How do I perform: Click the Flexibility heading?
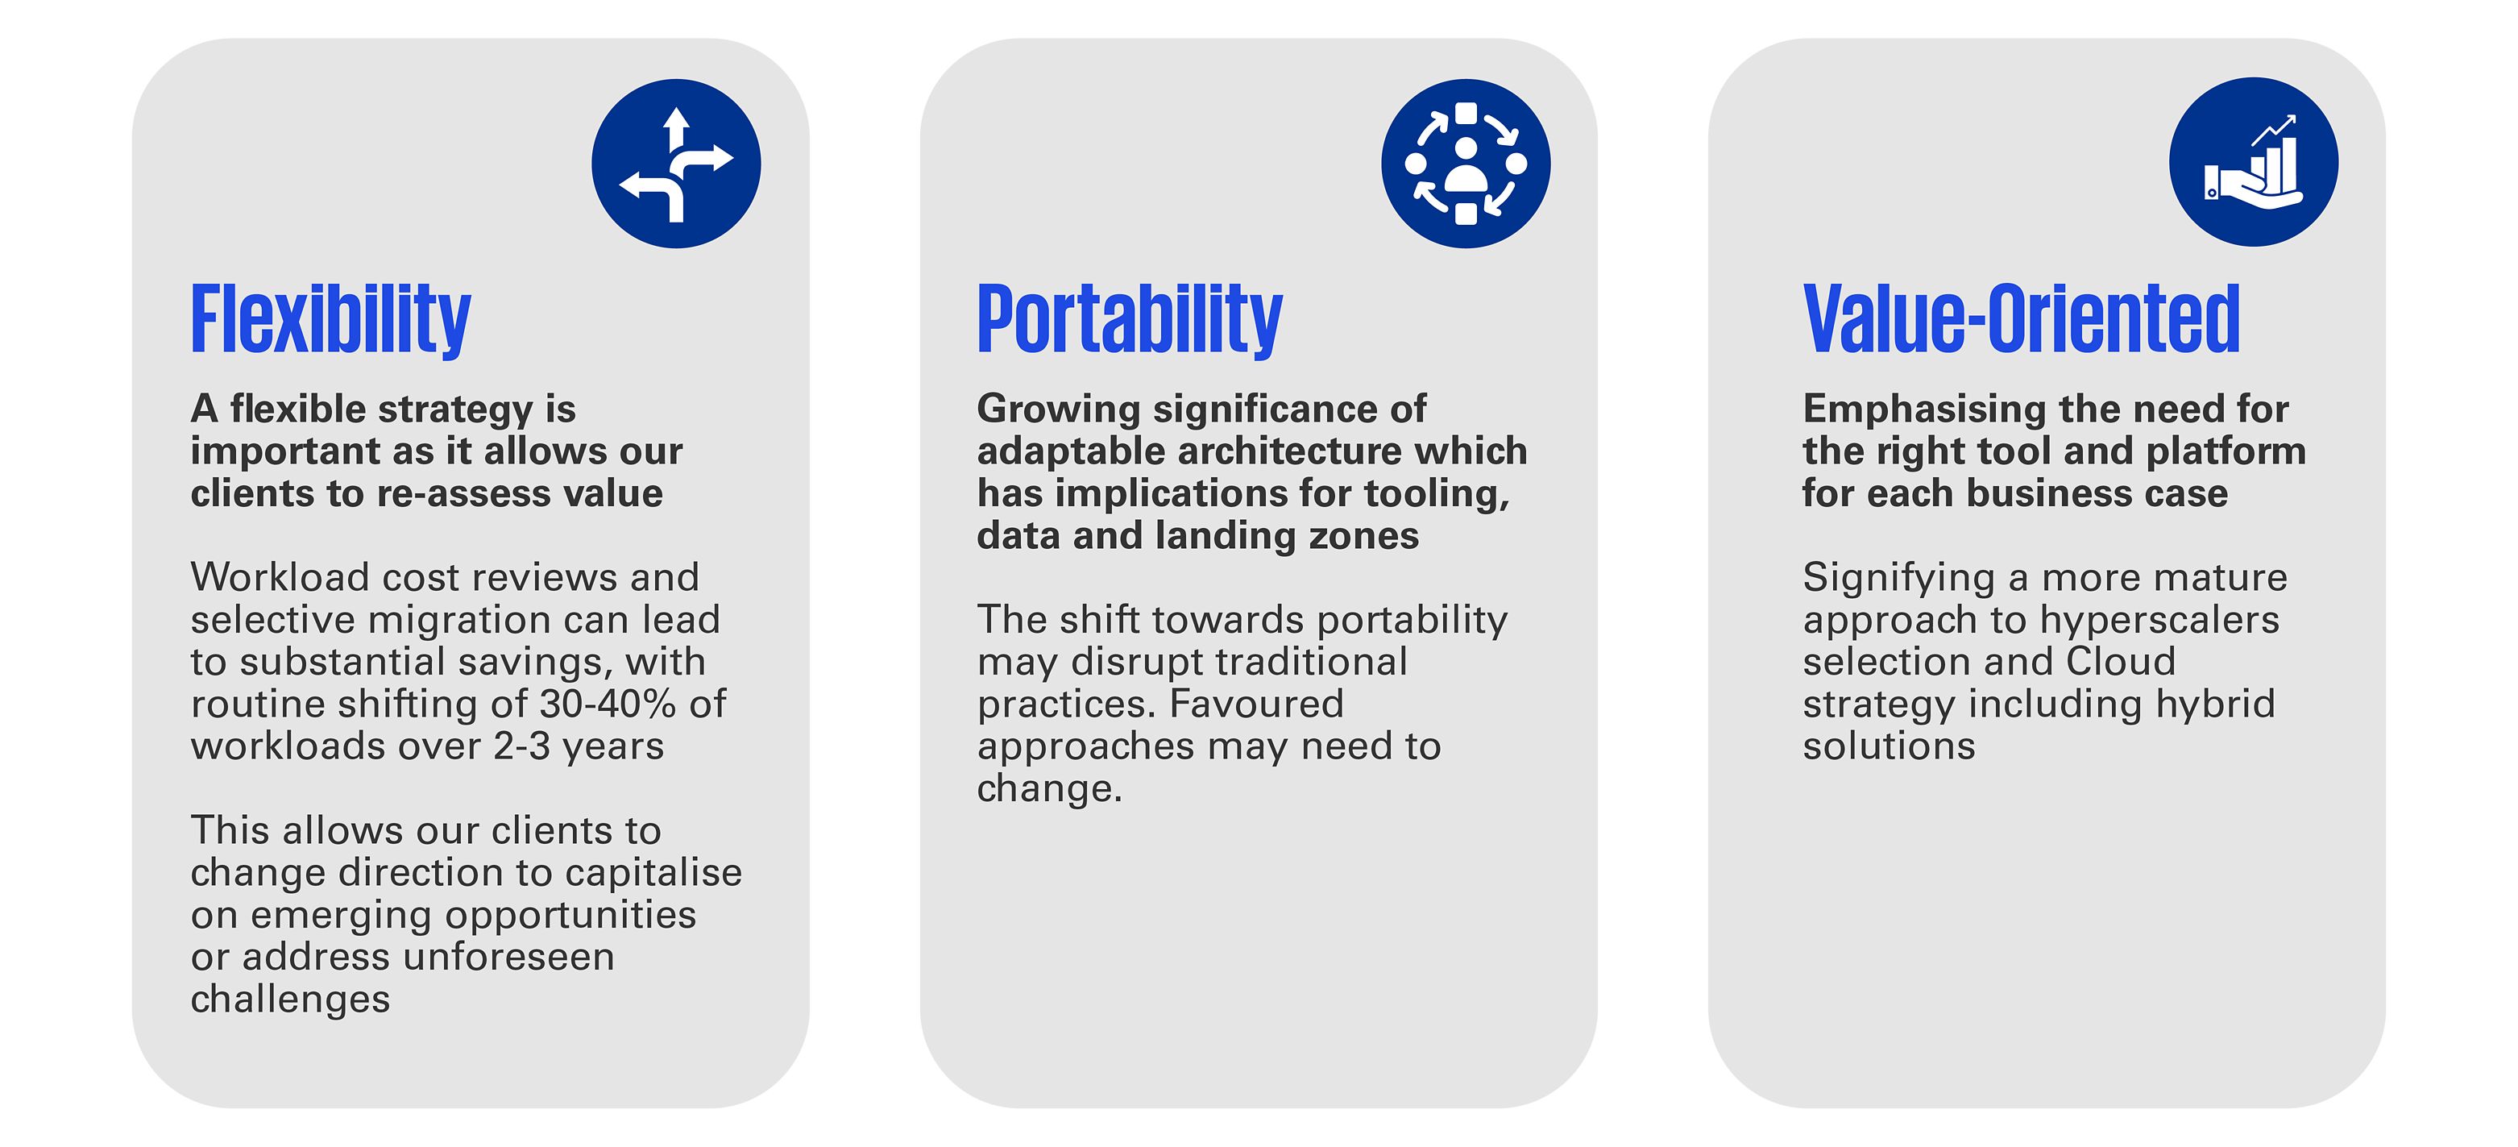point(330,320)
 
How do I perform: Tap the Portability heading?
point(1129,320)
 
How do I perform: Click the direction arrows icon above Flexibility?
point(676,164)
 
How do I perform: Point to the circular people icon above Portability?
point(1465,164)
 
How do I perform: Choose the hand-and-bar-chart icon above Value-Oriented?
point(2253,161)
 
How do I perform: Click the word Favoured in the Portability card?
point(1256,704)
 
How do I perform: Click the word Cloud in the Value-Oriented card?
point(2120,662)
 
